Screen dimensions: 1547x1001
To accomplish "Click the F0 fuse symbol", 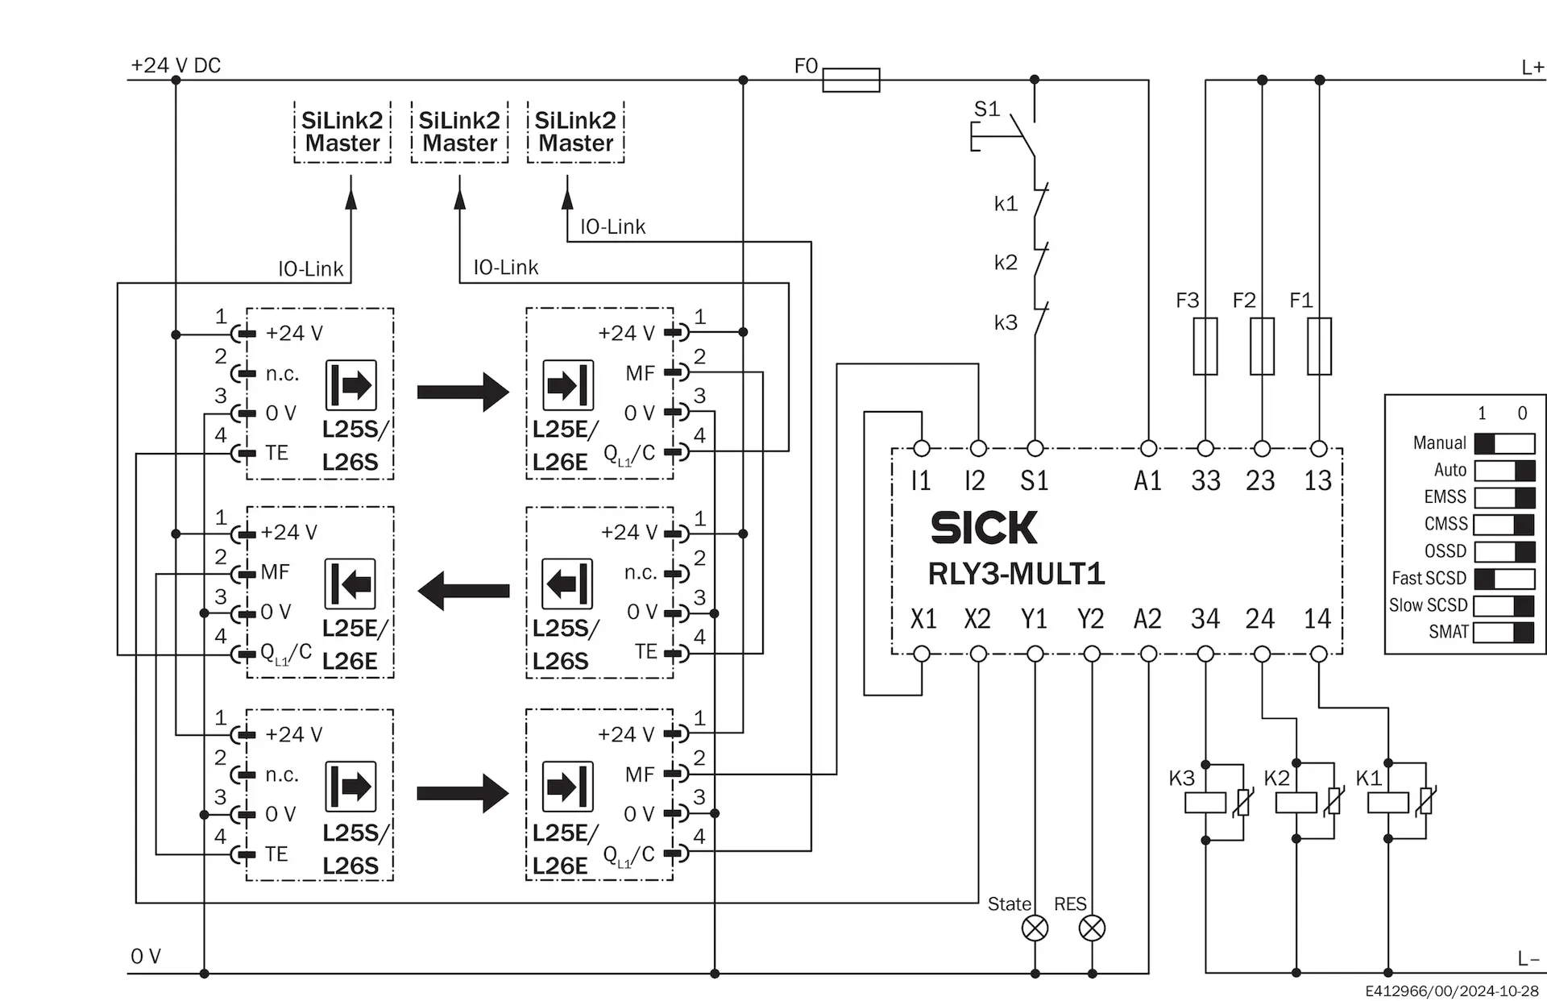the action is coord(851,80).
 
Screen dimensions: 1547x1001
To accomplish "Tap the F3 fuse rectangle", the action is coord(1205,347).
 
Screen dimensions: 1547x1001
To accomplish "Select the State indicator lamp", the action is coord(1035,928).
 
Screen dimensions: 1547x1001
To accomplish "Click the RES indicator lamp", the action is coord(1092,928).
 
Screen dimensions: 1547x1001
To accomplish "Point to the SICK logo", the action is coord(984,528).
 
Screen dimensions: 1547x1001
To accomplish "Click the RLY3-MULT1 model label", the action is coord(1016,574).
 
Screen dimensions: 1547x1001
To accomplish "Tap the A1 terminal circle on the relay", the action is coord(1149,448).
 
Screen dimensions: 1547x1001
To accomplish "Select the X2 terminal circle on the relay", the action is coord(978,654).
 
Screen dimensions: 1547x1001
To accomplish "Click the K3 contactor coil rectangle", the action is coord(1205,803).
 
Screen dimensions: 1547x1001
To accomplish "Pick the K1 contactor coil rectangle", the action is coord(1388,803).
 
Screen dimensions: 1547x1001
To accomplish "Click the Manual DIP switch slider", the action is coord(1504,443).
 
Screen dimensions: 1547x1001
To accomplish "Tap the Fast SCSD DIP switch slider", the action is coord(1504,579).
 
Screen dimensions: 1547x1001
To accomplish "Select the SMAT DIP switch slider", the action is coord(1504,632).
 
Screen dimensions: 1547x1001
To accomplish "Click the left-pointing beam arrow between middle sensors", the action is coord(463,591).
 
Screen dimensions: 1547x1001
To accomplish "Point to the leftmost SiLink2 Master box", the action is coord(342,132).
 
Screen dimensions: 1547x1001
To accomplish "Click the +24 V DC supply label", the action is coord(176,65).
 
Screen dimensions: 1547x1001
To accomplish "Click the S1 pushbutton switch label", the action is coord(987,109).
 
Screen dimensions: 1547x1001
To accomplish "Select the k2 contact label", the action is coord(1006,262).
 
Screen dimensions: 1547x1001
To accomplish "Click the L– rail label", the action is coord(1528,958).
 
